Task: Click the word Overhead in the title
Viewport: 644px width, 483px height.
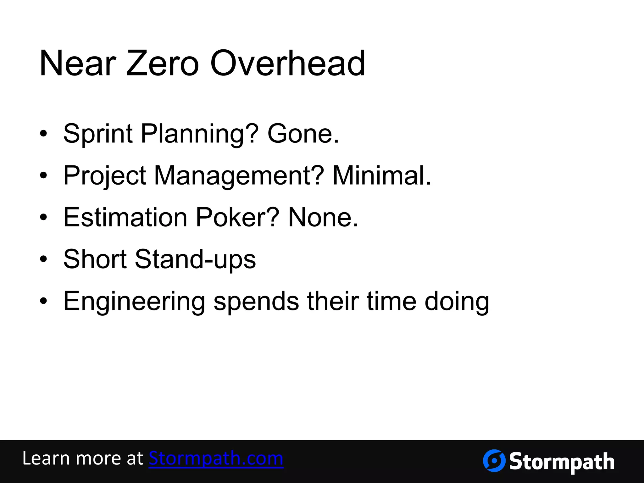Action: [x=287, y=64]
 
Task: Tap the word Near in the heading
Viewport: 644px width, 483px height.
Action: [x=78, y=64]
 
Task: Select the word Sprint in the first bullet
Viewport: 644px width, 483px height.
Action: [x=98, y=134]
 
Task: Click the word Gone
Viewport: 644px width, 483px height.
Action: [x=303, y=134]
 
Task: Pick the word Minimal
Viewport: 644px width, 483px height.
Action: [x=381, y=176]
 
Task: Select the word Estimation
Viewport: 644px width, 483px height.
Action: [x=125, y=218]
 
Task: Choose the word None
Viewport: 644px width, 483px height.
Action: [x=323, y=218]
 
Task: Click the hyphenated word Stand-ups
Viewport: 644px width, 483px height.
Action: [x=195, y=259]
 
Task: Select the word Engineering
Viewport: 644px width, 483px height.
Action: [x=134, y=302]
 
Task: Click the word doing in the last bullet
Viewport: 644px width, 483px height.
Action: [x=457, y=302]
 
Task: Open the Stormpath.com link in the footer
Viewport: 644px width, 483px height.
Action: [x=216, y=458]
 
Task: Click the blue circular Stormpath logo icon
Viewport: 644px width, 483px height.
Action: [x=494, y=461]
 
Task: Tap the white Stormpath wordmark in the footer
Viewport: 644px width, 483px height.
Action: [x=561, y=462]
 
